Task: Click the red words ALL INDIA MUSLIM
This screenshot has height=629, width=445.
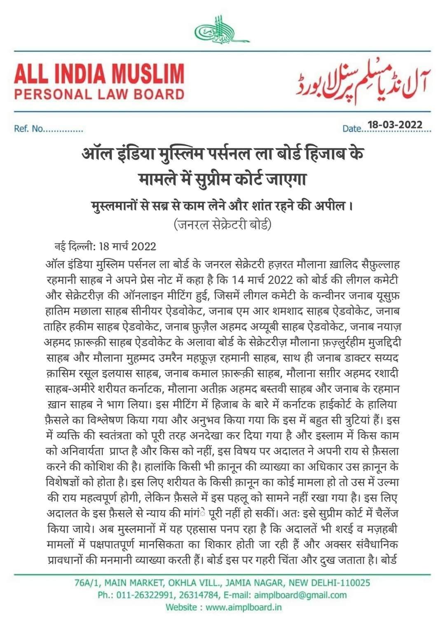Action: point(99,76)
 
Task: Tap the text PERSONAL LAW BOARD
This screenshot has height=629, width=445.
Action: point(99,94)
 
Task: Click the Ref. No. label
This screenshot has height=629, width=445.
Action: point(48,129)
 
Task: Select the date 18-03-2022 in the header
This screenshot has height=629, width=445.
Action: point(395,124)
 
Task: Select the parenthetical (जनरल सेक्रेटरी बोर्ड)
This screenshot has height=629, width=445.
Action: point(223,224)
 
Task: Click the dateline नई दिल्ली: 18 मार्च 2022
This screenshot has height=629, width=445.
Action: point(105,247)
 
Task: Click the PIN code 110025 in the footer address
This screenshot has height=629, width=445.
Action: point(354,582)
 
